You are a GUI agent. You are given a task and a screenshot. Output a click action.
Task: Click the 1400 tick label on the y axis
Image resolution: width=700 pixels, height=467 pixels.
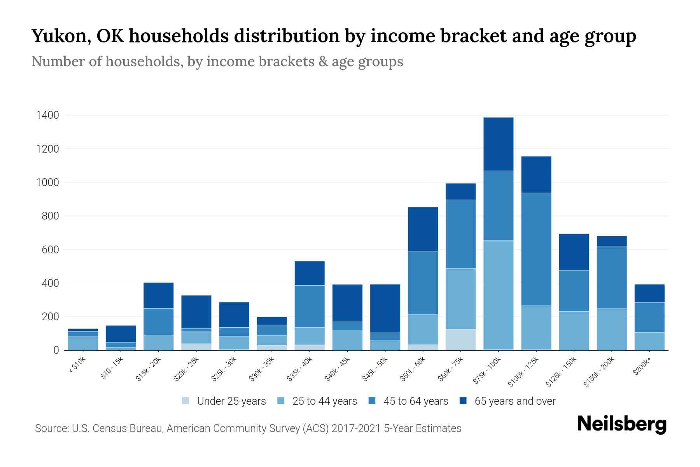click(x=47, y=116)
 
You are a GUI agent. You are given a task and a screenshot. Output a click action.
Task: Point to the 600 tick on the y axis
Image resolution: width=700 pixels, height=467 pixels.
click(x=50, y=250)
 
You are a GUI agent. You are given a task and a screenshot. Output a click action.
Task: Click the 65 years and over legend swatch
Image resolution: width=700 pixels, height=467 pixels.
click(x=463, y=401)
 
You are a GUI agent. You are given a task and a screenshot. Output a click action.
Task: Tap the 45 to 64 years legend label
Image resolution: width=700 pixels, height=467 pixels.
click(x=416, y=401)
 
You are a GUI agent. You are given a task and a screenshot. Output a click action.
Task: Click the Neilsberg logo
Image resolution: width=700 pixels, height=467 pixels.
click(x=621, y=425)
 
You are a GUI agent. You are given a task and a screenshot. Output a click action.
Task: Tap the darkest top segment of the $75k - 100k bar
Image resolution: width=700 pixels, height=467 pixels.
click(x=498, y=144)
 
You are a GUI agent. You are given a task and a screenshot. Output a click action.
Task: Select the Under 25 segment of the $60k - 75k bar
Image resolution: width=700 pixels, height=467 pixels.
click(x=460, y=339)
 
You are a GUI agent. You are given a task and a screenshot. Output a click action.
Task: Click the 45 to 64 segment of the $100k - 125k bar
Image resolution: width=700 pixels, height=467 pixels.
click(x=536, y=249)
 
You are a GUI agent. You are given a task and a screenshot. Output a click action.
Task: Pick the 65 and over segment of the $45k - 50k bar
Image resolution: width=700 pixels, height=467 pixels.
click(x=385, y=308)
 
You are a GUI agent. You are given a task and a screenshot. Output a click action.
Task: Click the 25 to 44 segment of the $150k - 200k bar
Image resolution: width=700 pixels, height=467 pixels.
click(x=612, y=329)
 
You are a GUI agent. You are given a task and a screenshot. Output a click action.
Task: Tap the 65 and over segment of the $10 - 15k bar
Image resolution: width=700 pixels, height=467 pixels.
click(x=121, y=334)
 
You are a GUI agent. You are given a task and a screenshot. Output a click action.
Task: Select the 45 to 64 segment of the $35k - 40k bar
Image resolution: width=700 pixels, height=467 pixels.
click(x=310, y=306)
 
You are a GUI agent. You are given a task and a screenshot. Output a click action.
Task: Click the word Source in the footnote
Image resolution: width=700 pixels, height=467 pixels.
click(x=51, y=428)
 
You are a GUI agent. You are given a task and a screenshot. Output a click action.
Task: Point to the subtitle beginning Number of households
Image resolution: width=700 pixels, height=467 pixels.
click(x=217, y=61)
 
